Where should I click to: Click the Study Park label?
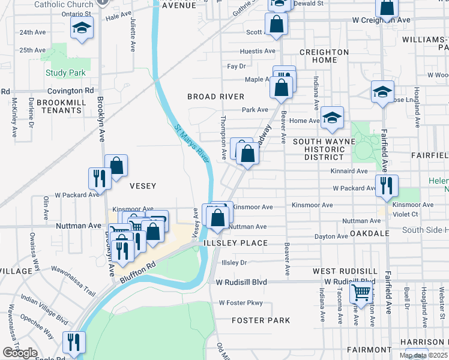click(x=65, y=73)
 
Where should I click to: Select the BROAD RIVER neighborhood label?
click(x=215, y=97)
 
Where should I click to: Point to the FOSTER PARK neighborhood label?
click(x=261, y=320)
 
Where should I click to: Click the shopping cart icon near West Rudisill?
click(x=361, y=293)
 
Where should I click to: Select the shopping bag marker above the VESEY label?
click(x=116, y=164)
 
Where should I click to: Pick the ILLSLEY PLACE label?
click(x=235, y=243)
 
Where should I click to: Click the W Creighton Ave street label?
click(x=381, y=20)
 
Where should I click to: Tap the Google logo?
click(x=20, y=353)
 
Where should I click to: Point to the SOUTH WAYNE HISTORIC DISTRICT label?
click(x=324, y=149)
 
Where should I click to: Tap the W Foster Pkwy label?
click(x=241, y=303)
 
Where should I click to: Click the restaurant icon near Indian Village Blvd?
click(x=74, y=341)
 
